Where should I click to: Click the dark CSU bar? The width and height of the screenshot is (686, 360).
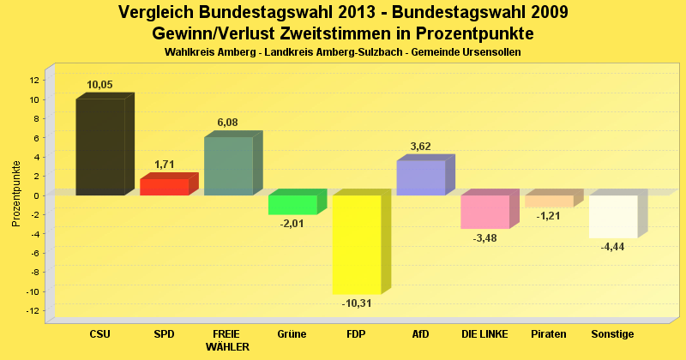click(x=100, y=147)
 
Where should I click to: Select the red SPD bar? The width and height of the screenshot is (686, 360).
click(x=164, y=187)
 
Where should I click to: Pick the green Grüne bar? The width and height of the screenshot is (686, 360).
click(x=292, y=205)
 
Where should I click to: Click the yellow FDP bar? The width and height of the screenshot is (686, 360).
click(x=356, y=244)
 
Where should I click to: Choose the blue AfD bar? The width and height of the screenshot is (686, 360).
click(x=420, y=177)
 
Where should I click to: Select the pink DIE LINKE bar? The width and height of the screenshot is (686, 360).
click(x=484, y=212)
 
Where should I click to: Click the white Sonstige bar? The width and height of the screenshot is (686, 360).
click(x=612, y=216)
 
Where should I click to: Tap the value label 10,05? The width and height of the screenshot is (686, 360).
click(x=100, y=84)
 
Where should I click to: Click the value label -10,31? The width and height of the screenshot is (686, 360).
click(x=356, y=303)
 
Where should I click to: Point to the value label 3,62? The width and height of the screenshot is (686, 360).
click(x=420, y=147)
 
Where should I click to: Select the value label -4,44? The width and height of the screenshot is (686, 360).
click(x=612, y=247)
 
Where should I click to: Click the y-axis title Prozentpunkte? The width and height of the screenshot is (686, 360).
click(x=15, y=195)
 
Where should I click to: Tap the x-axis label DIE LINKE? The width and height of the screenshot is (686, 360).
click(x=484, y=333)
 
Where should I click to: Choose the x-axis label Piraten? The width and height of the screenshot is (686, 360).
click(x=549, y=333)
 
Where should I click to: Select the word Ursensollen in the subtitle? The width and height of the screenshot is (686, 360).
click(x=490, y=52)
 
